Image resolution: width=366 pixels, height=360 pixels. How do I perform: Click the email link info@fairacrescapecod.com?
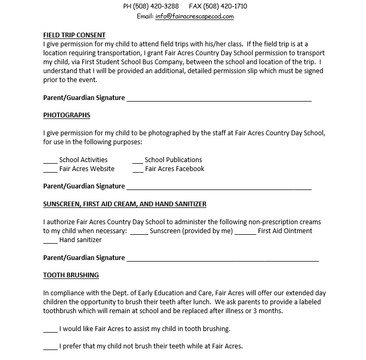pyautogui.click(x=194, y=16)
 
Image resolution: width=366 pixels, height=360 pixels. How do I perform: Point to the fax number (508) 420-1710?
pyautogui.click(x=222, y=6)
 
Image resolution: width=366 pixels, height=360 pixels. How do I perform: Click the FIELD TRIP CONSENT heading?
pyautogui.click(x=74, y=36)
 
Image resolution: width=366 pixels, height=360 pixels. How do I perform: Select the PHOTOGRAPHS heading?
pyautogui.click(x=66, y=115)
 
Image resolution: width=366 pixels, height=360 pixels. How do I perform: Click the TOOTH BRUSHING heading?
pyautogui.click(x=71, y=275)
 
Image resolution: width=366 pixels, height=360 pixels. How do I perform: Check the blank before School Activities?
pyautogui.click(x=51, y=161)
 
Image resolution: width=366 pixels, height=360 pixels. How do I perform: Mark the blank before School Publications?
pyautogui.click(x=137, y=161)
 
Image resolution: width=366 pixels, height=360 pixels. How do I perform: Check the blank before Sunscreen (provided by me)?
pyautogui.click(x=139, y=232)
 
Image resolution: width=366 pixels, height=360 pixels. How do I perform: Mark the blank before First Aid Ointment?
pyautogui.click(x=245, y=232)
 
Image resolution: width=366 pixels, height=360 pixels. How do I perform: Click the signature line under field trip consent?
pyautogui.click(x=219, y=99)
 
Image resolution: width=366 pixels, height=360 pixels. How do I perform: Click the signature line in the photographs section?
pyautogui.click(x=219, y=187)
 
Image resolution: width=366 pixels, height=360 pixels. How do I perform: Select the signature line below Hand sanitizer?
pyautogui.click(x=222, y=259)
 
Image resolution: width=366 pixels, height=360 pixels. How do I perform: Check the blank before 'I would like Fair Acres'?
pyautogui.click(x=51, y=331)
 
